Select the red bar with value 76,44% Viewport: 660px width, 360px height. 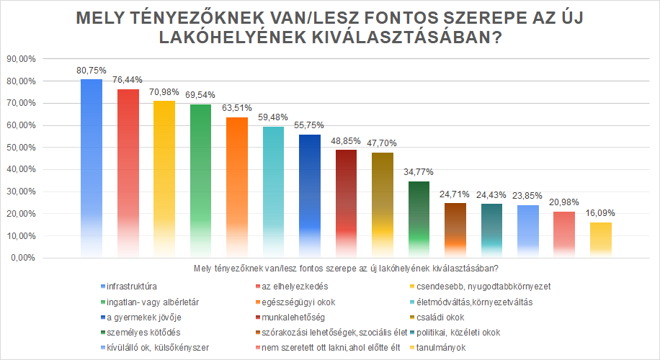(x=128, y=173)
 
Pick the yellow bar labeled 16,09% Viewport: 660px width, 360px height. (x=601, y=239)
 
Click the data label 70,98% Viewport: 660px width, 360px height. (x=164, y=91)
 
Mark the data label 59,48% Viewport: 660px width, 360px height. (x=273, y=116)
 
